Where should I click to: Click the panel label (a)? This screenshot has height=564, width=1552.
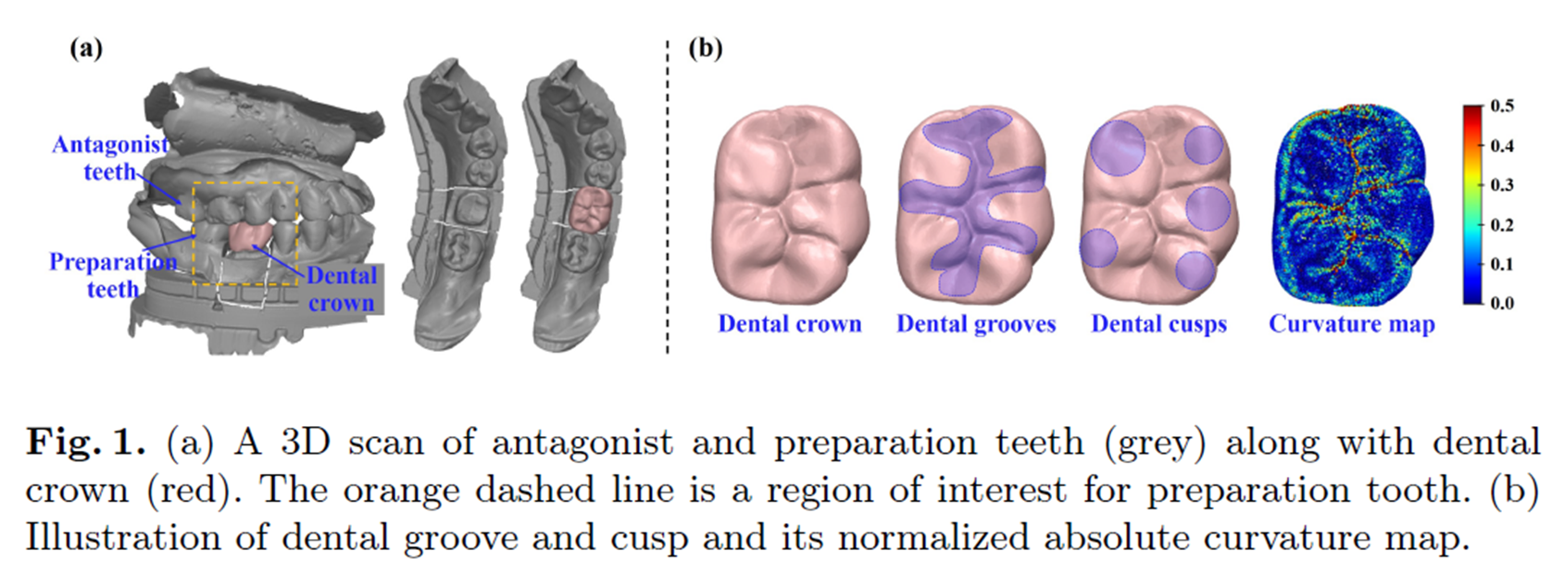[86, 48]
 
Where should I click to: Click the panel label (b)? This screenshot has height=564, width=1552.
[706, 48]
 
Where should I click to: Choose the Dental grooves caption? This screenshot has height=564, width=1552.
[975, 324]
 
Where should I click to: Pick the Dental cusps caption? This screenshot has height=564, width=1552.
[1158, 324]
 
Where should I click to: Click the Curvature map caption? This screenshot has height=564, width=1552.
[1351, 324]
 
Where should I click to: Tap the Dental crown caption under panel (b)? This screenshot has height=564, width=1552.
[789, 324]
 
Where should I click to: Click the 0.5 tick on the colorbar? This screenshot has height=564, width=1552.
[1502, 106]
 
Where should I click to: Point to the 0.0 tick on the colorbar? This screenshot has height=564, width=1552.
[1502, 303]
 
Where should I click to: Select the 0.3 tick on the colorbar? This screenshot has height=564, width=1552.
[1502, 185]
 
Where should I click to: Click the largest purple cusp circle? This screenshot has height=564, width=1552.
[1117, 147]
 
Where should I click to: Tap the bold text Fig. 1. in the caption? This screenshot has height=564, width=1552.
[85, 442]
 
